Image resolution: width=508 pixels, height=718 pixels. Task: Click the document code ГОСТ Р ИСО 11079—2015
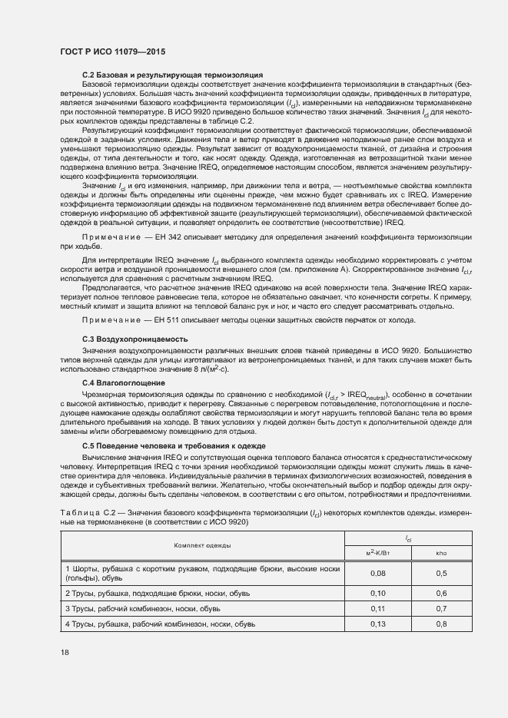point(112,51)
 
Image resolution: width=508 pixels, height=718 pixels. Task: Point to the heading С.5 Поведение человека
point(174,445)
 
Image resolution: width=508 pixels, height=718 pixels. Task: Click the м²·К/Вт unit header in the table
point(377,552)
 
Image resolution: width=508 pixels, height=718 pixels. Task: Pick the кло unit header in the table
point(441,552)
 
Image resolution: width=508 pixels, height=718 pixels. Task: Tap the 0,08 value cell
point(377,573)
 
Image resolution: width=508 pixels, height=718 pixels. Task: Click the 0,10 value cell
point(377,594)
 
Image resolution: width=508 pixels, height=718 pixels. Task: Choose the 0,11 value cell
point(377,608)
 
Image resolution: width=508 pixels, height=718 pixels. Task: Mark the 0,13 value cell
point(377,624)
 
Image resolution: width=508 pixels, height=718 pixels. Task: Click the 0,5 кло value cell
point(441,573)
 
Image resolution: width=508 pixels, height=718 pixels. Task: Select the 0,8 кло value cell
point(441,624)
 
